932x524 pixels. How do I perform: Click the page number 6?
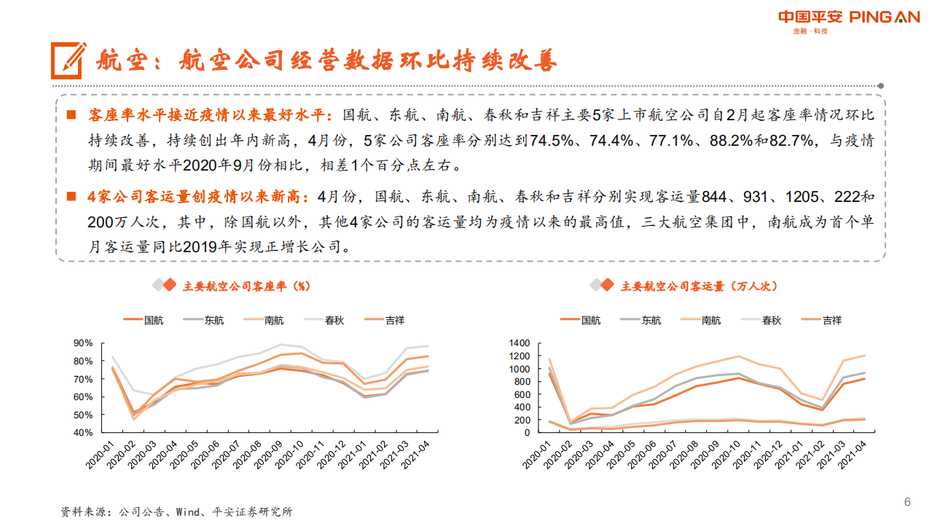[907, 501]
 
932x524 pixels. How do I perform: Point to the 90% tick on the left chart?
[83, 343]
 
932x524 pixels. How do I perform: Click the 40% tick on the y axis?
[83, 432]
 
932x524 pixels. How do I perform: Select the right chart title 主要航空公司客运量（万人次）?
[698, 286]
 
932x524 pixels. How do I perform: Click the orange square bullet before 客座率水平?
[71, 115]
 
